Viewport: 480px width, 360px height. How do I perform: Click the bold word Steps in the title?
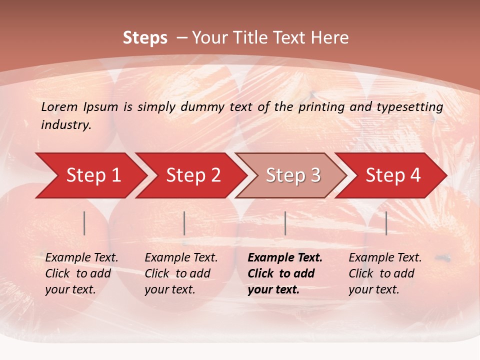click(x=145, y=38)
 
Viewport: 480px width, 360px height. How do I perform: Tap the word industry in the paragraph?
click(x=65, y=125)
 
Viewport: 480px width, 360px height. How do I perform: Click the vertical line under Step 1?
click(x=84, y=223)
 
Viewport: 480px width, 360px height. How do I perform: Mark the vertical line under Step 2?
click(x=184, y=223)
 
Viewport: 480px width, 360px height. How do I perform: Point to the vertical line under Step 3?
click(x=285, y=223)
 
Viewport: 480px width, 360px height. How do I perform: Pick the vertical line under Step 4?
click(x=386, y=223)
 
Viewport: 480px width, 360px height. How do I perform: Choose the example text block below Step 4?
click(x=385, y=273)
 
